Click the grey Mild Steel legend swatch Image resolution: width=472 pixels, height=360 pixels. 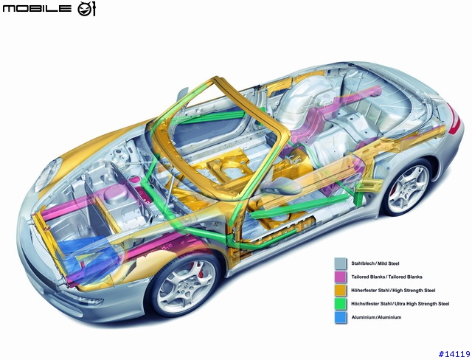(341, 263)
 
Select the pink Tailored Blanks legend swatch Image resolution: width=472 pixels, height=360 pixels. (341, 277)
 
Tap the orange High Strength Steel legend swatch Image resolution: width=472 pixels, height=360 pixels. (341, 290)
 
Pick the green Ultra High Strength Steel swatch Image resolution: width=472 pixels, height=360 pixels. (341, 304)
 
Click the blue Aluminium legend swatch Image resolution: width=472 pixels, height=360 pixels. (341, 317)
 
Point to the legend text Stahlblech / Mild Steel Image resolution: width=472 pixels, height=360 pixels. (375, 263)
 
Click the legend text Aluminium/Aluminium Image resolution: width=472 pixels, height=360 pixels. (376, 317)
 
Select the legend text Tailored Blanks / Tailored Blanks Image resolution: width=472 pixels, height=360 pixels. (386, 277)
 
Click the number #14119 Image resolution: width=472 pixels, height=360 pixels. (454, 354)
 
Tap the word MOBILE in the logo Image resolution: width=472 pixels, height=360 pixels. (37, 8)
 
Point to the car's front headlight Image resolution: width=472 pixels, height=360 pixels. (47, 174)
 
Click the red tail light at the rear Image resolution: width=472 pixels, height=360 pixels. (454, 118)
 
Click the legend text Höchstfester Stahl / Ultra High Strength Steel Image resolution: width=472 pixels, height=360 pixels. (400, 304)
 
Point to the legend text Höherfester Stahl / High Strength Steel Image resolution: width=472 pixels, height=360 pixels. (393, 290)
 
